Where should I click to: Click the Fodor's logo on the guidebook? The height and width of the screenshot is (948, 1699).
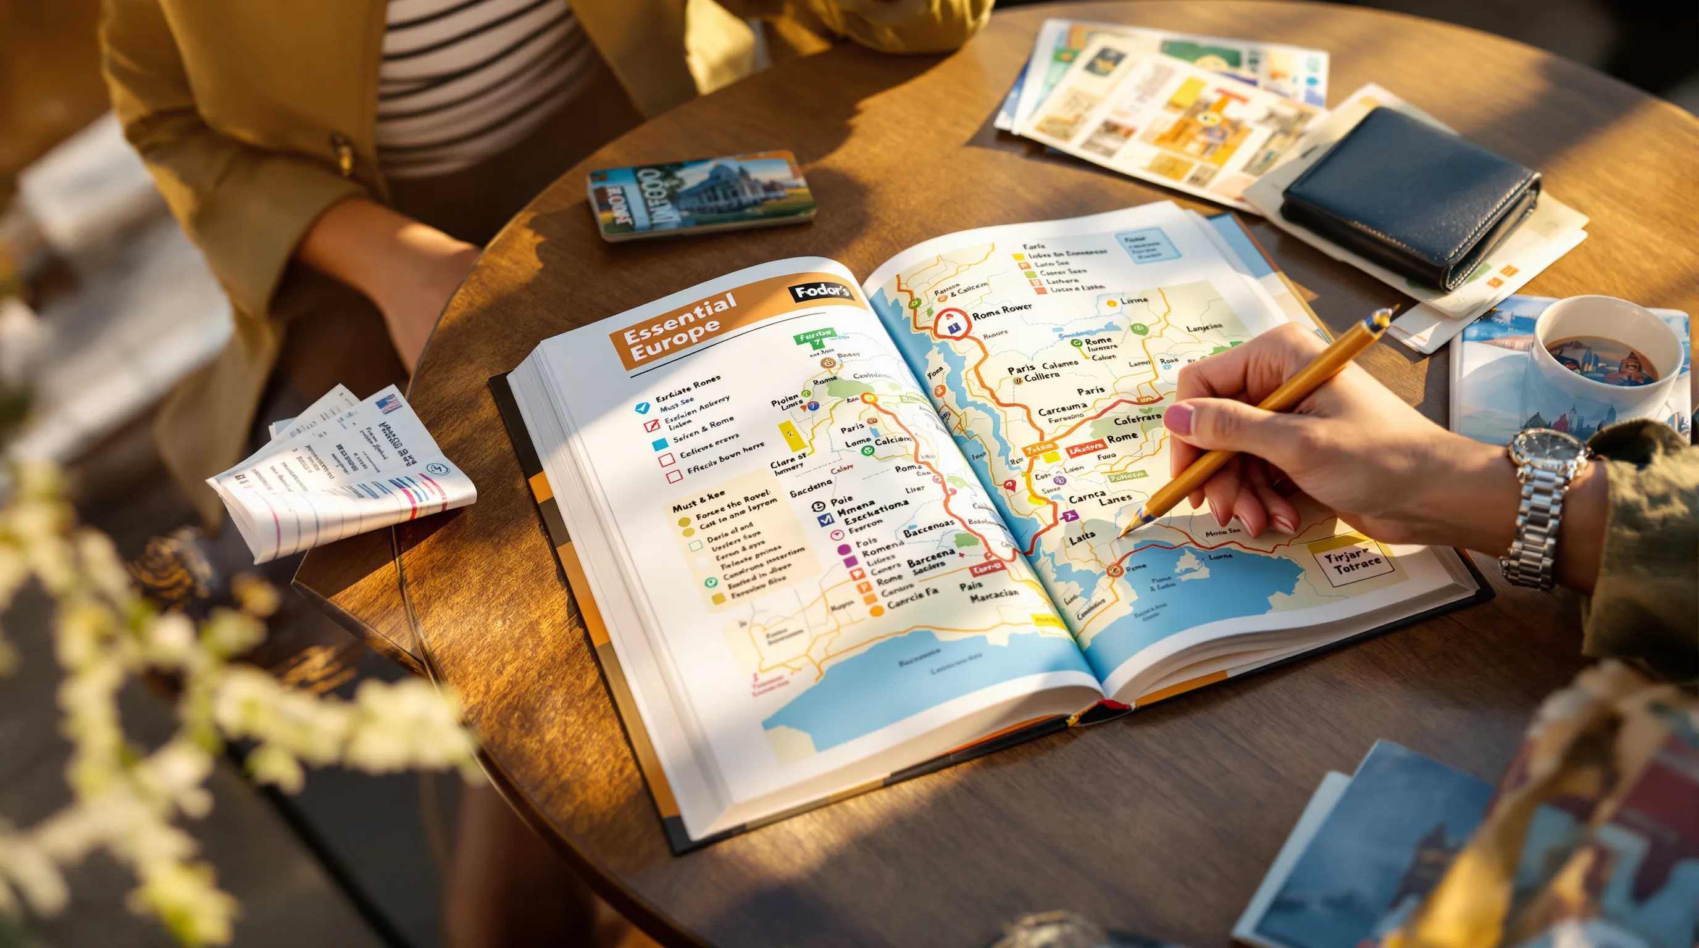coord(820,292)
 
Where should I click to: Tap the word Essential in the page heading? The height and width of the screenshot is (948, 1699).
coord(679,318)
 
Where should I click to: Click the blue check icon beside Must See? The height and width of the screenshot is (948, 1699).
coord(641,407)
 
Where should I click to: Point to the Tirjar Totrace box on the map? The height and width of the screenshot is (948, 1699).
coord(1351,560)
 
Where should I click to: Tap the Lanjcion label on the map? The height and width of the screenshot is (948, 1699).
coord(1204,328)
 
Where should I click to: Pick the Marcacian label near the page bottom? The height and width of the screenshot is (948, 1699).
coord(993,594)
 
